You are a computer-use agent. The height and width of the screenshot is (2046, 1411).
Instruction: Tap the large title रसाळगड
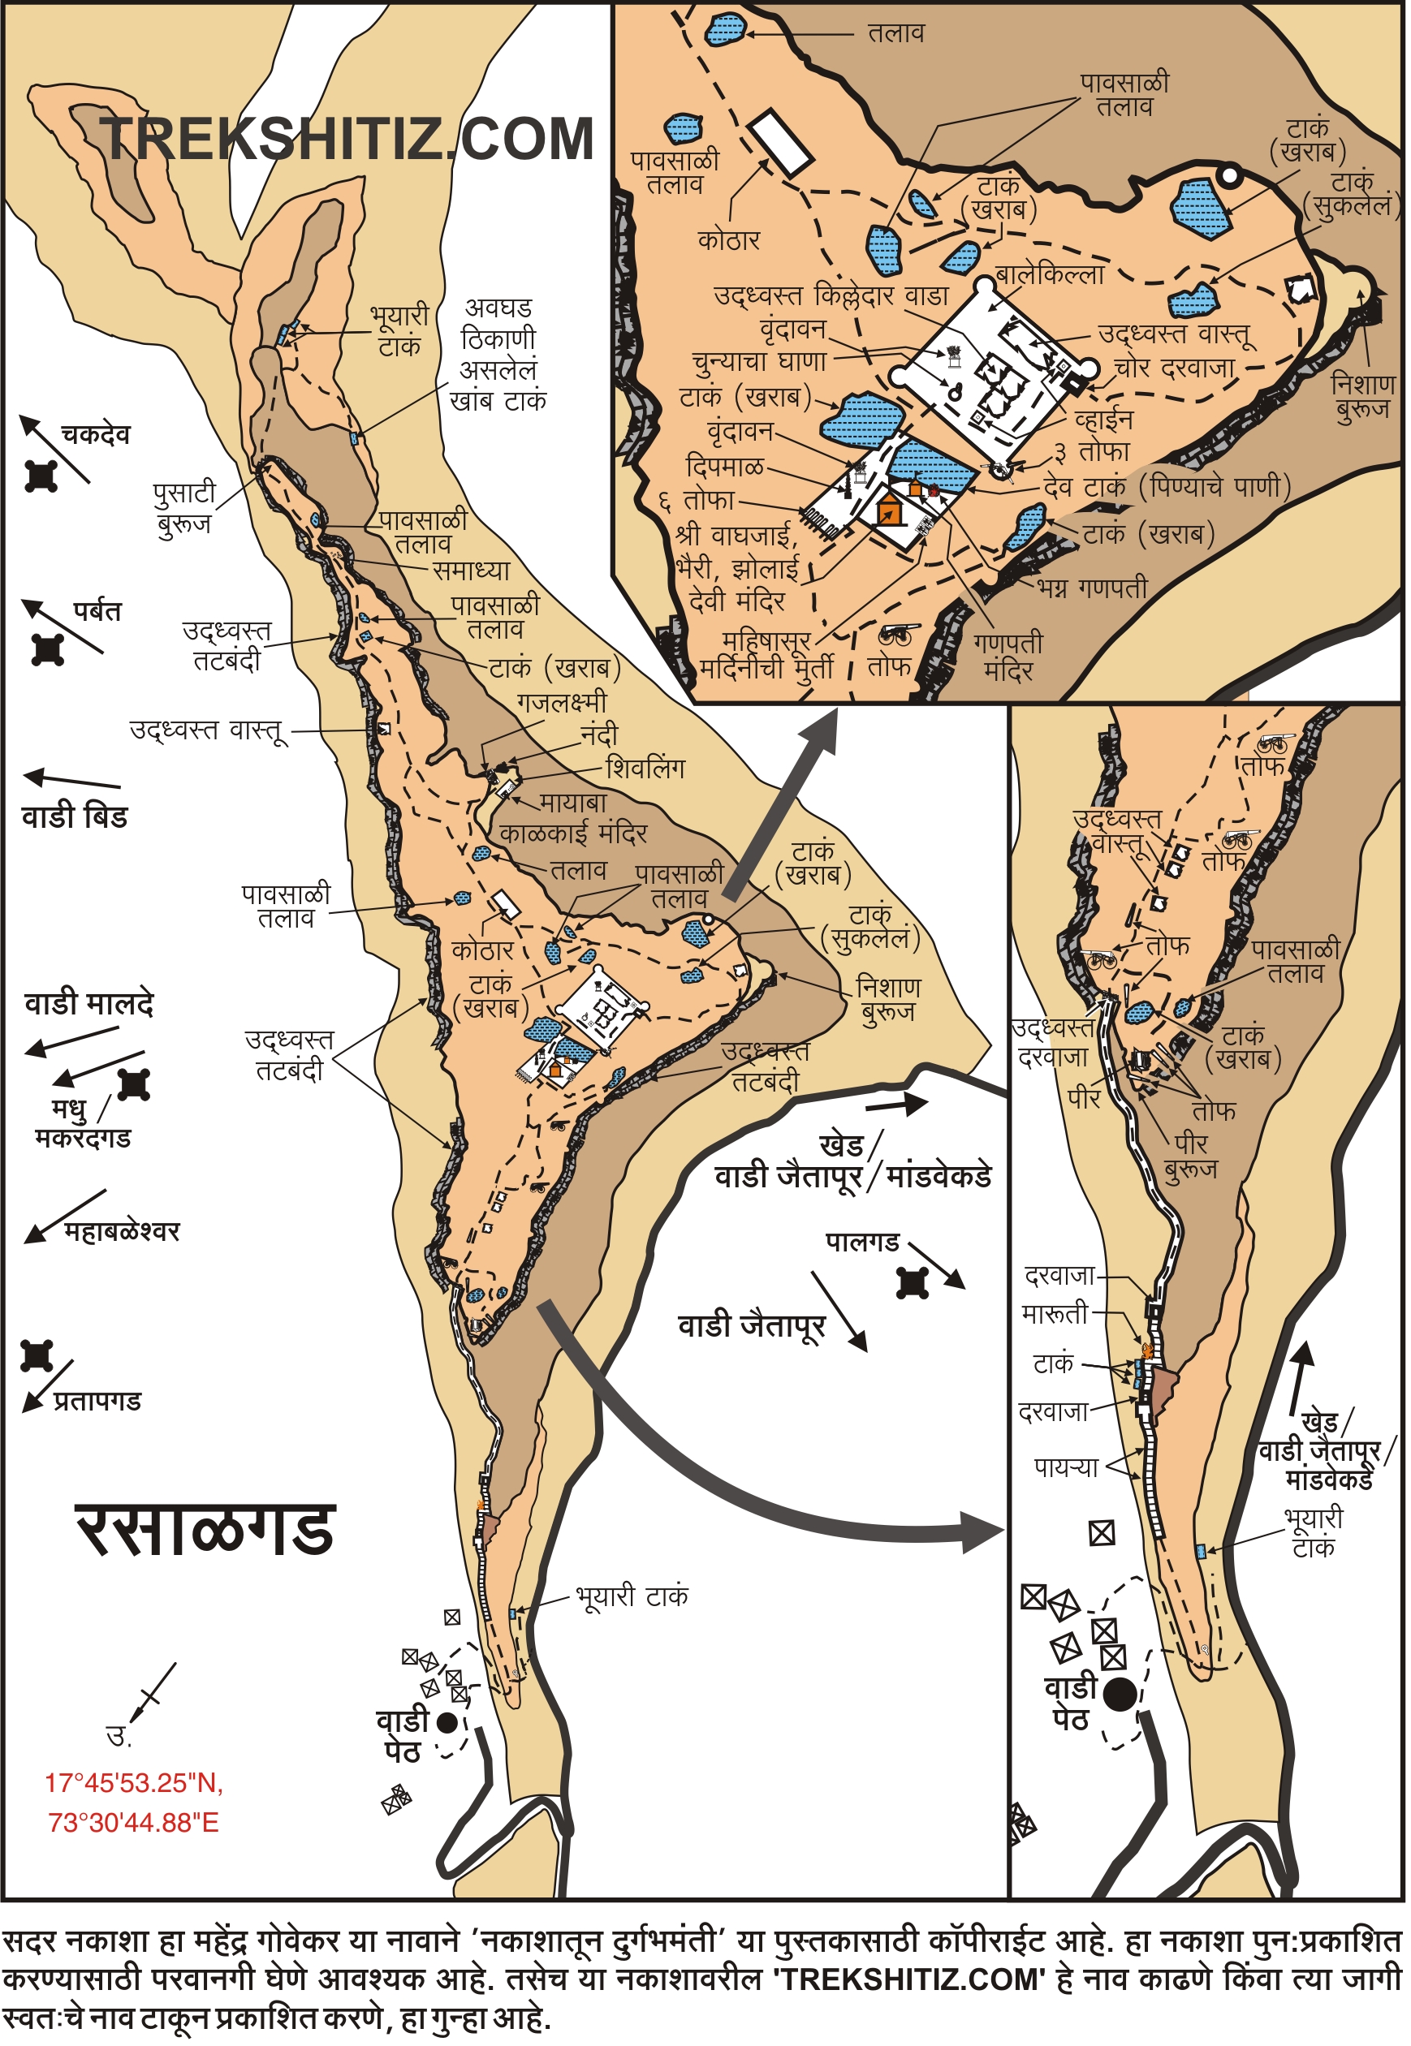(205, 1531)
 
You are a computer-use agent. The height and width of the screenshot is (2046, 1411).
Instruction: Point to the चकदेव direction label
(95, 435)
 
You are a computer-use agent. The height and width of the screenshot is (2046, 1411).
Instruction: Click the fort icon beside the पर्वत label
(48, 649)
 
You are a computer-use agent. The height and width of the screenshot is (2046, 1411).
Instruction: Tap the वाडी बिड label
(74, 816)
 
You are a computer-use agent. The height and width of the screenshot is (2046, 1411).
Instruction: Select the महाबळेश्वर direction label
(121, 1232)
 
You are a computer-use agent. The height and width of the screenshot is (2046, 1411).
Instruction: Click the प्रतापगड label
(97, 1402)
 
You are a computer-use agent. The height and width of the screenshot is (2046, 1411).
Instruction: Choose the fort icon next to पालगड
(913, 1282)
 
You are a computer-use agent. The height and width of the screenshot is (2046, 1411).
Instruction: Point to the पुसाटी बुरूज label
(184, 508)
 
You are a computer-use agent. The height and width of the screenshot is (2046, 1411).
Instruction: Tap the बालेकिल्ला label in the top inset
(1050, 275)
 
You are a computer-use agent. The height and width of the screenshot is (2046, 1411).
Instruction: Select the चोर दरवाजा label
(1174, 368)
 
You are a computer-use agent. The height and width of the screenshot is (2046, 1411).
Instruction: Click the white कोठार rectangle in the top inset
(781, 142)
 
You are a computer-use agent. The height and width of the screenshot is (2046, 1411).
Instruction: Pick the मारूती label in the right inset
(1055, 1314)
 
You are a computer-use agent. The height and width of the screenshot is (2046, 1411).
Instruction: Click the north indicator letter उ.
(119, 1736)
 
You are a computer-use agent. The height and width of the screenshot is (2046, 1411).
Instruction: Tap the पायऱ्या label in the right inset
(1066, 1468)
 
